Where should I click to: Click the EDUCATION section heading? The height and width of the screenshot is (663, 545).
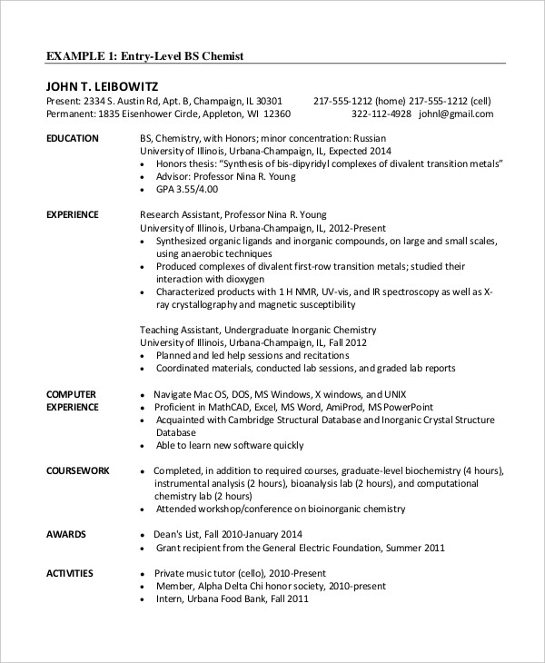point(72,137)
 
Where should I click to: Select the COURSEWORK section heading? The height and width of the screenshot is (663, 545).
point(77,471)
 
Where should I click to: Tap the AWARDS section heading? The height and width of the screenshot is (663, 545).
point(65,534)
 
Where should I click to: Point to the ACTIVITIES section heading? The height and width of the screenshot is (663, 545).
point(71,573)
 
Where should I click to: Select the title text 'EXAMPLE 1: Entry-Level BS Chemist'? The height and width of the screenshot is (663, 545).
point(144,55)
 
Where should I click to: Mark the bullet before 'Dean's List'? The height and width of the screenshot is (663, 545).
point(144,534)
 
